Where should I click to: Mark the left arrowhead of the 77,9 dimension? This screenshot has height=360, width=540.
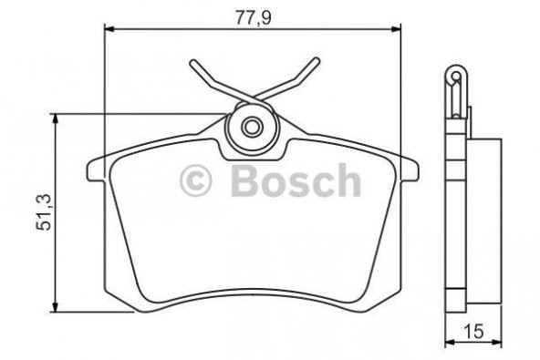coord(106,29)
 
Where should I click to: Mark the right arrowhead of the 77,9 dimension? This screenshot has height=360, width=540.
coord(398,29)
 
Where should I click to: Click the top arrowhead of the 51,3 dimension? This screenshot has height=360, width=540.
coord(57,117)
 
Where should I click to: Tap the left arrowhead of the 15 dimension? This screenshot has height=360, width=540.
coord(448,344)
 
